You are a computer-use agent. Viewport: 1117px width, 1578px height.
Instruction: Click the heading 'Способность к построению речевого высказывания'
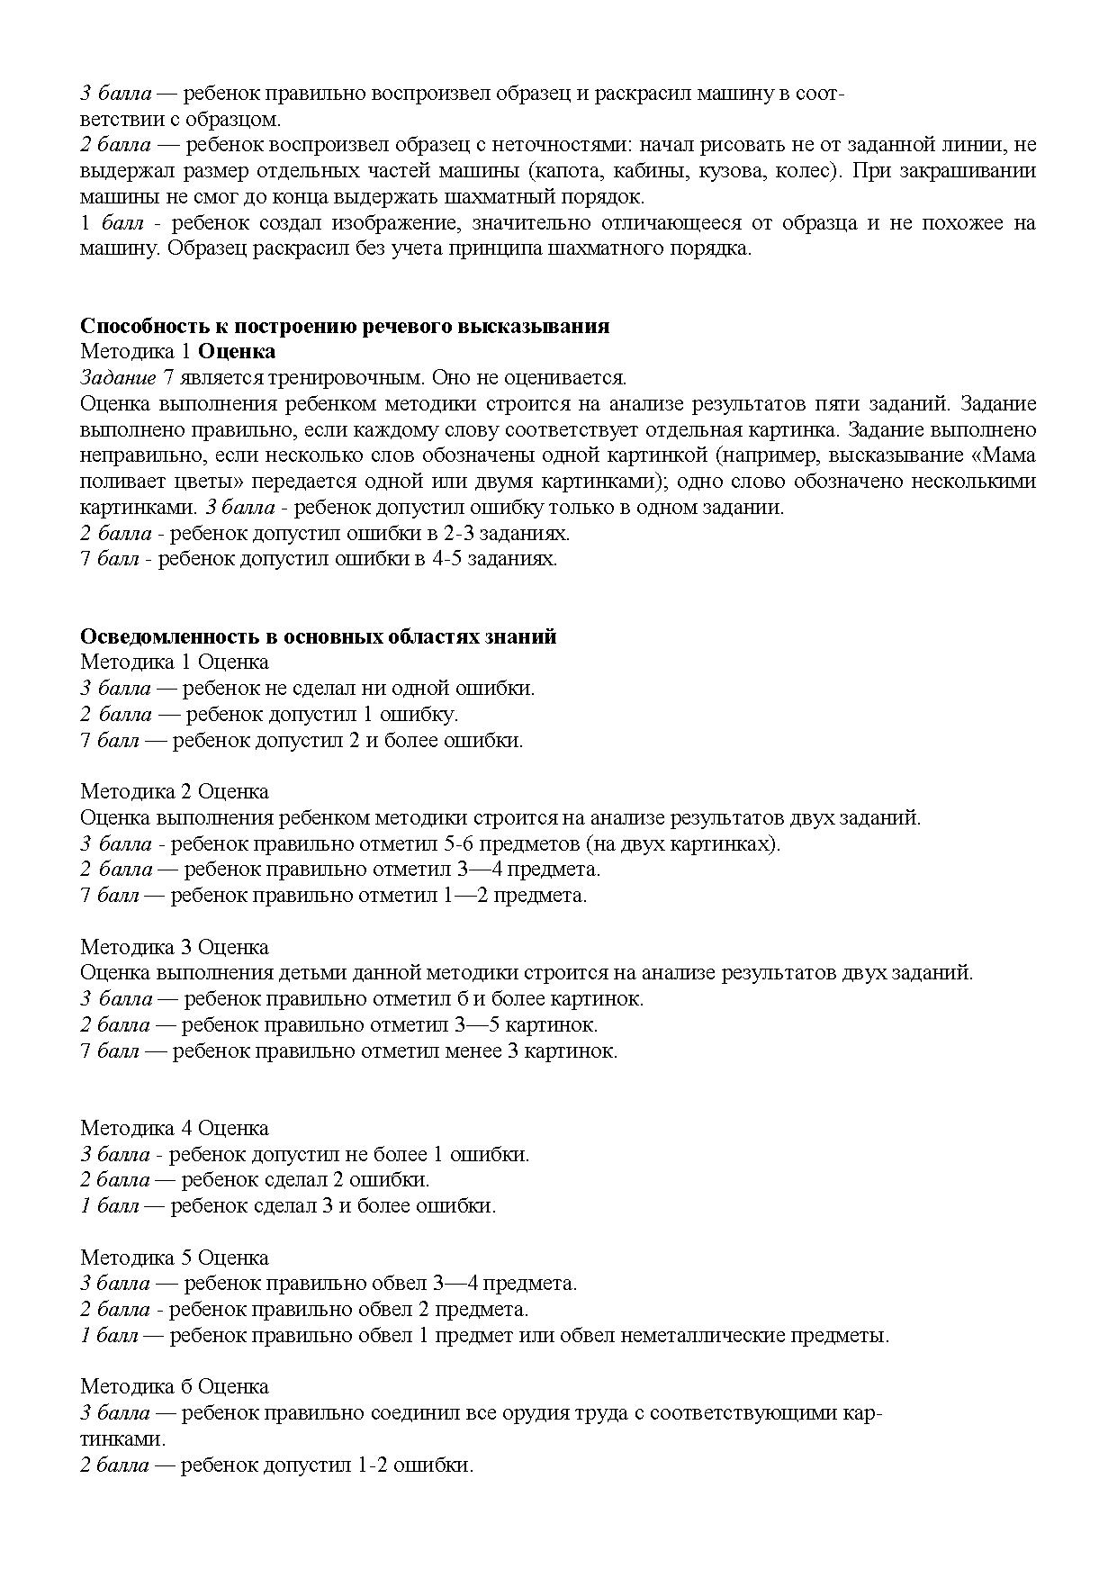pyautogui.click(x=345, y=326)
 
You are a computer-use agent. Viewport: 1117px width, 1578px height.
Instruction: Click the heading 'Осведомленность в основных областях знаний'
pyautogui.click(x=319, y=636)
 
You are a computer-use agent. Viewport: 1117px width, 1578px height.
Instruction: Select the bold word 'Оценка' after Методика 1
pyautogui.click(x=237, y=352)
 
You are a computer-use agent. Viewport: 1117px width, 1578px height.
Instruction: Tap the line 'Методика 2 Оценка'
pyautogui.click(x=175, y=792)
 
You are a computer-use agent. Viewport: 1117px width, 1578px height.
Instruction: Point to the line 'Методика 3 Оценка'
pyautogui.click(x=175, y=947)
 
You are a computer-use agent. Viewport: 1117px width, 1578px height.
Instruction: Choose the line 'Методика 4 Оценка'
pyautogui.click(x=175, y=1128)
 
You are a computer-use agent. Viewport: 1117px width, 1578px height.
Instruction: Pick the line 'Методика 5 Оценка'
pyautogui.click(x=175, y=1258)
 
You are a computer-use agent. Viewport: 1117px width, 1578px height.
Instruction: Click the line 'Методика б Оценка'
pyautogui.click(x=175, y=1387)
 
